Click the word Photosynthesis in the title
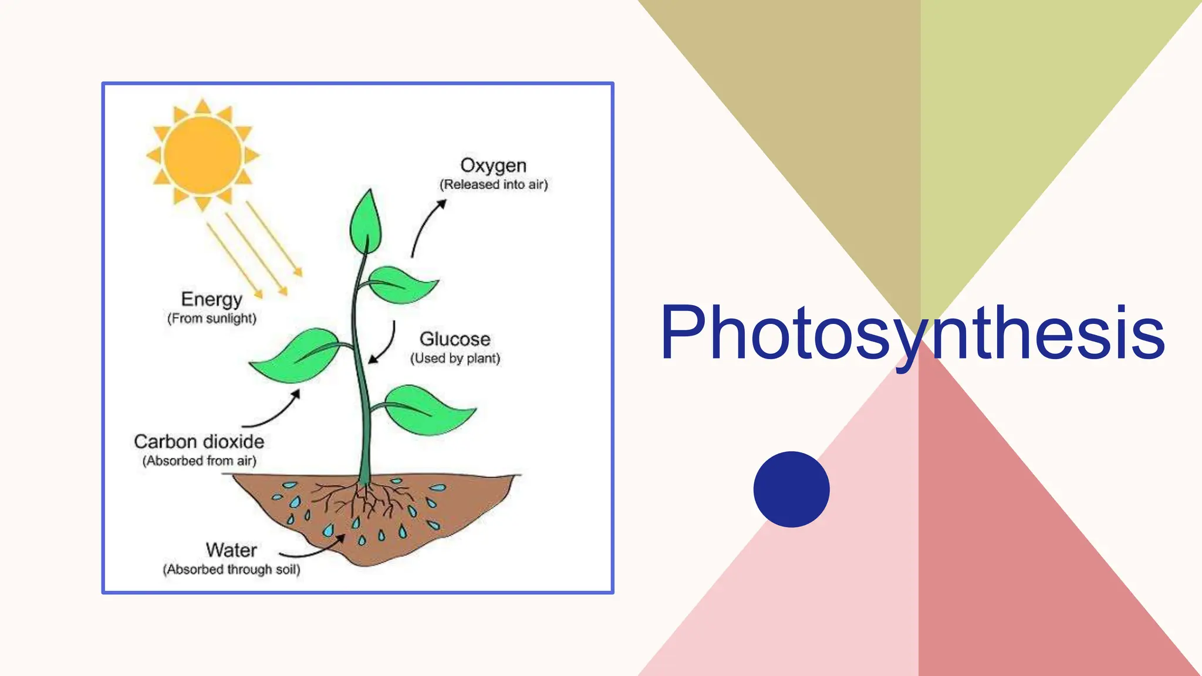pos(912,333)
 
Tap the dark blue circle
pos(791,489)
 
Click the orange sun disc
pos(202,155)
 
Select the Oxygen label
pos(493,165)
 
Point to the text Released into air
pos(494,185)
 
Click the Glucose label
pos(455,339)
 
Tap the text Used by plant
pos(455,359)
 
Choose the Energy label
pos(211,299)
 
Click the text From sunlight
pos(212,319)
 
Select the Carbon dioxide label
pos(199,442)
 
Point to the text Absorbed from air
pos(199,461)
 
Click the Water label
pos(231,550)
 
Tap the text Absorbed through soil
pos(231,570)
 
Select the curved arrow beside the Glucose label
pos(385,345)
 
